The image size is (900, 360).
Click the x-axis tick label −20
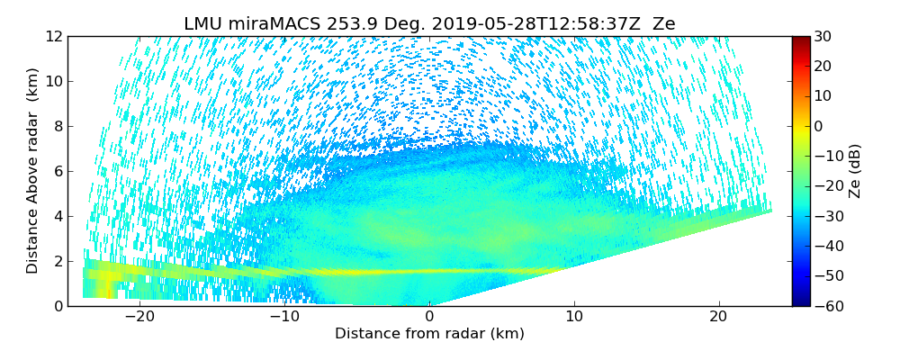tap(139, 317)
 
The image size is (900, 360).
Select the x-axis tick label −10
tap(284, 317)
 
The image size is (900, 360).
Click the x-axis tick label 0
tap(429, 317)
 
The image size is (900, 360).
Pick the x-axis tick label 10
tap(574, 317)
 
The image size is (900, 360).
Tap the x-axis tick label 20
tap(718, 317)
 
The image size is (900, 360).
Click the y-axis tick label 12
tap(53, 36)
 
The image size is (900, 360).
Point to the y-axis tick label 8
tap(57, 126)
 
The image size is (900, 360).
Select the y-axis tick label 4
tap(57, 216)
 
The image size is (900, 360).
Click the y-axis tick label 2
tap(57, 261)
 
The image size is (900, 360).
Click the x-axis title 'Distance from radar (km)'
tap(429, 334)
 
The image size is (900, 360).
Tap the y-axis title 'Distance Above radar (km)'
tap(32, 171)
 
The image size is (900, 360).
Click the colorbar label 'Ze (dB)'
tap(855, 171)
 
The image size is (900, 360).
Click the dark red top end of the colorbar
tap(801, 40)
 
